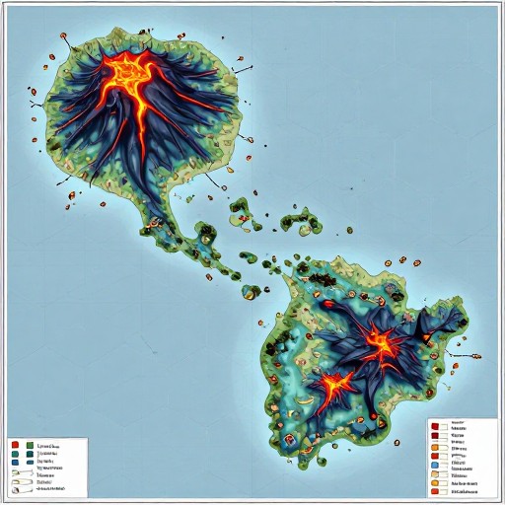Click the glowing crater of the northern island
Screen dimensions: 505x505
(x=129, y=70)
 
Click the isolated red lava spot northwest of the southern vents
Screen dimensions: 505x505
(x=326, y=305)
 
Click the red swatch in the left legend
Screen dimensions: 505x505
(x=16, y=445)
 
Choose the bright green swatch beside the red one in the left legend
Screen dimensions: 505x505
(x=30, y=445)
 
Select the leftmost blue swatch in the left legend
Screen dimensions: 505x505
(x=16, y=460)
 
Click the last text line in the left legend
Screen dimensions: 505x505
(x=49, y=486)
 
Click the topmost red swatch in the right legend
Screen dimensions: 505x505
(x=435, y=424)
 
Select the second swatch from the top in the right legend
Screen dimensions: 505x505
(x=435, y=433)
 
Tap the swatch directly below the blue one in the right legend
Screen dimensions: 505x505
(x=435, y=469)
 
